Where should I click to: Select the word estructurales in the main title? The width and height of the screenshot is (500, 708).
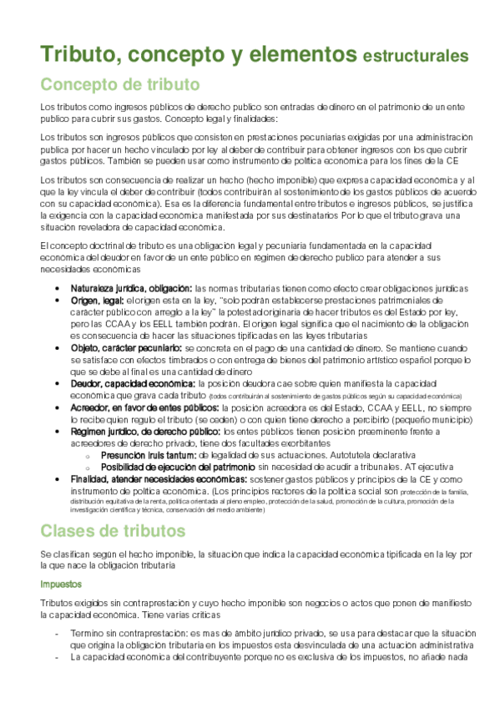[x=415, y=57]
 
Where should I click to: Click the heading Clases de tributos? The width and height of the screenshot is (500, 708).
[x=113, y=530]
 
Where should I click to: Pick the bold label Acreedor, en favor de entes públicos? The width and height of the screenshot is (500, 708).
[x=145, y=407]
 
